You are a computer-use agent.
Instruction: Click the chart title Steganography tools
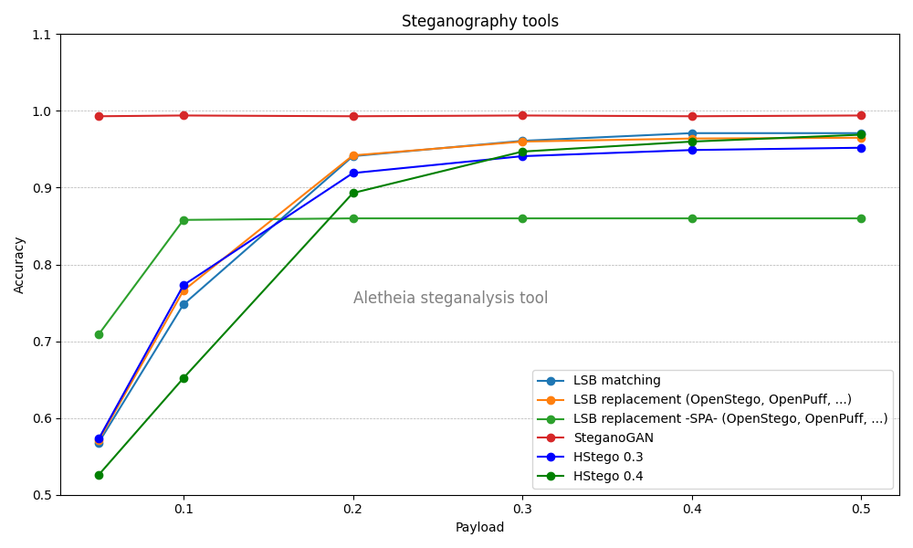(479, 21)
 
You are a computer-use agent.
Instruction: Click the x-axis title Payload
(479, 527)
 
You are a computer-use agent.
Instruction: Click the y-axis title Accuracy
(20, 265)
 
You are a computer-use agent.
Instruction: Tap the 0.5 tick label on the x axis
(861, 508)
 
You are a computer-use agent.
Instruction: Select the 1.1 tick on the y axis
(41, 35)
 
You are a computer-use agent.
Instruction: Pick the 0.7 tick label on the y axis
(41, 342)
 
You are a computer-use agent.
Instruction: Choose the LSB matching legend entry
(616, 380)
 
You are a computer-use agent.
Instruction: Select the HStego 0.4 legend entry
(607, 476)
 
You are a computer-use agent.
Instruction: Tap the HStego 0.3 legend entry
(607, 457)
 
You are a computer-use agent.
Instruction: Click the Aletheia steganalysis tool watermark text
(450, 298)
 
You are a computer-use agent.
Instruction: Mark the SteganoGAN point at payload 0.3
(522, 115)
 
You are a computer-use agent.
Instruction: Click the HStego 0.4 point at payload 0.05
(99, 475)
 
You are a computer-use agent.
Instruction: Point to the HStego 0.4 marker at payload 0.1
(184, 378)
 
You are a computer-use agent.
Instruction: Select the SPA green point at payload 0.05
(99, 334)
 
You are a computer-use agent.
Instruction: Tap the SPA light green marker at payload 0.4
(692, 218)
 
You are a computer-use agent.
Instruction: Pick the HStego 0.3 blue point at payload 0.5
(861, 148)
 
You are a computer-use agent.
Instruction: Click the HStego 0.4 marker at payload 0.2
(353, 193)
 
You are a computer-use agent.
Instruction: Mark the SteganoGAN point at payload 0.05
(99, 116)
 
